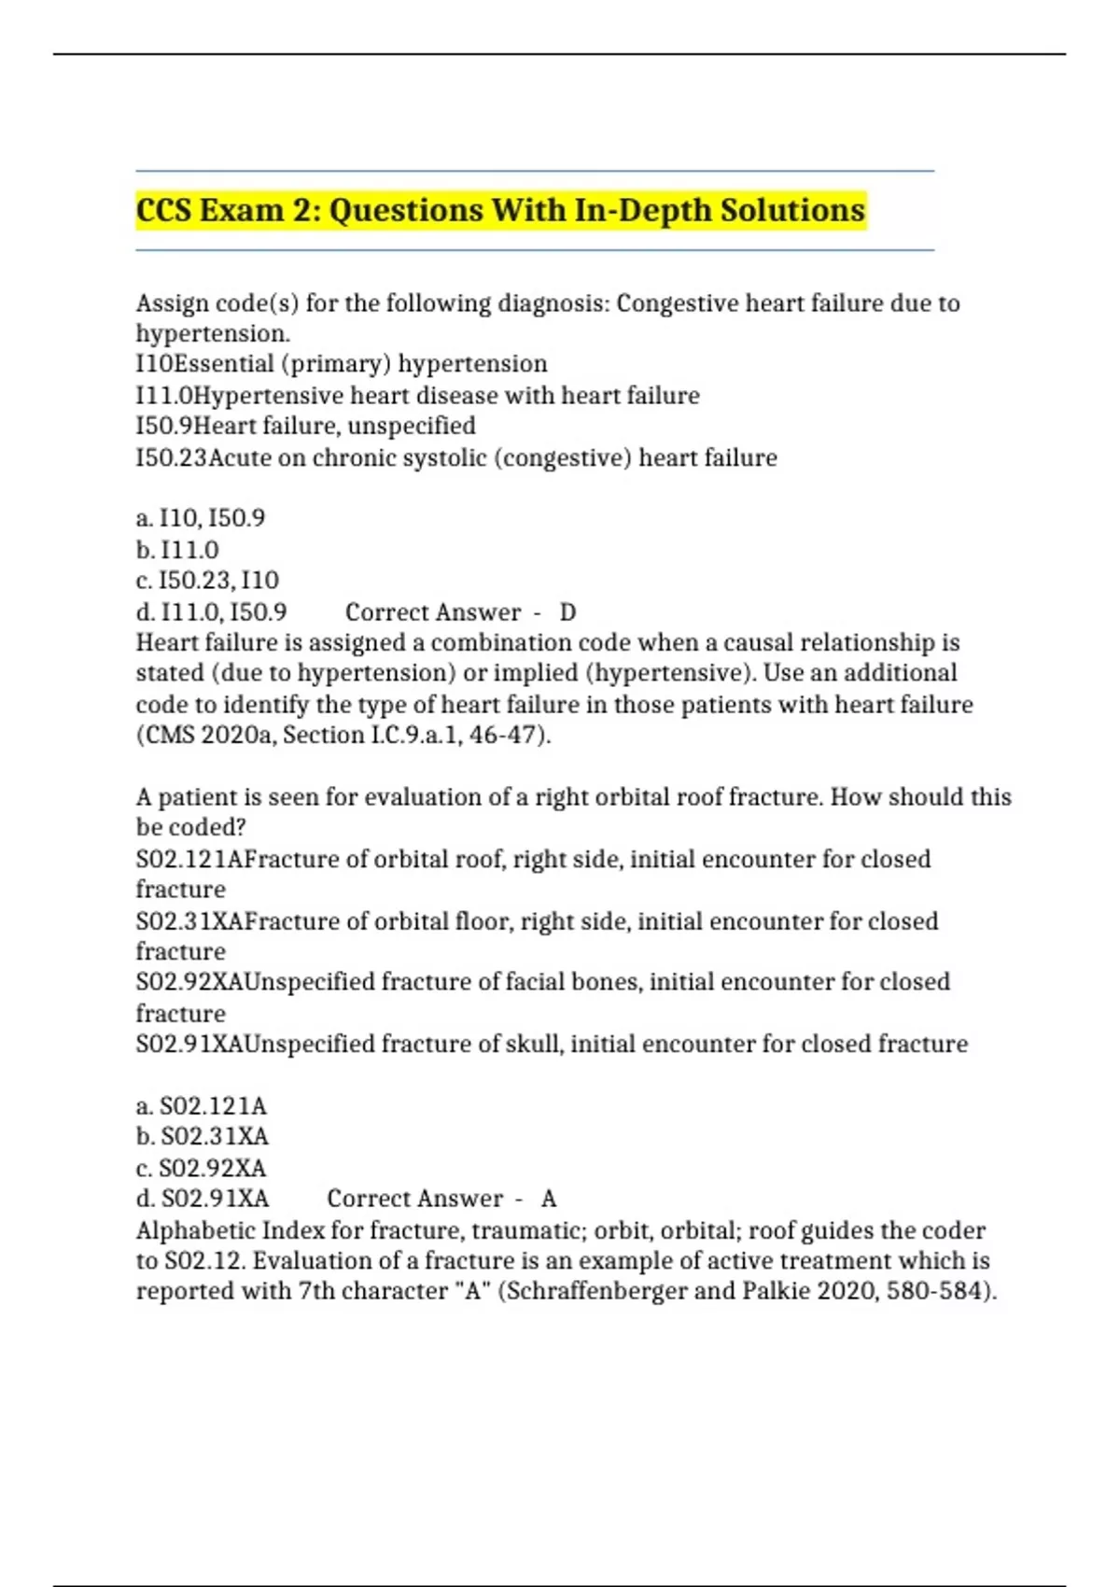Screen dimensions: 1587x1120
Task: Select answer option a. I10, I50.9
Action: click(201, 518)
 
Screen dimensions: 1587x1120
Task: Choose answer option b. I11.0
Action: click(178, 550)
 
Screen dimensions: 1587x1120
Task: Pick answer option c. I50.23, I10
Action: click(207, 581)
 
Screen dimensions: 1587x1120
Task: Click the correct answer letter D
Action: click(567, 612)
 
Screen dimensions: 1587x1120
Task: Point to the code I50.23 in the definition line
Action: click(171, 458)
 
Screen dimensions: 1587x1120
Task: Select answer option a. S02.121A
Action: click(202, 1106)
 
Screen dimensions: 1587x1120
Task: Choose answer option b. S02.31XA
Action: click(203, 1137)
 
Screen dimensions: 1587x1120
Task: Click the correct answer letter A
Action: click(549, 1199)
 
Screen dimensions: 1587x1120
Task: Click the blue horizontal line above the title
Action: click(534, 171)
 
